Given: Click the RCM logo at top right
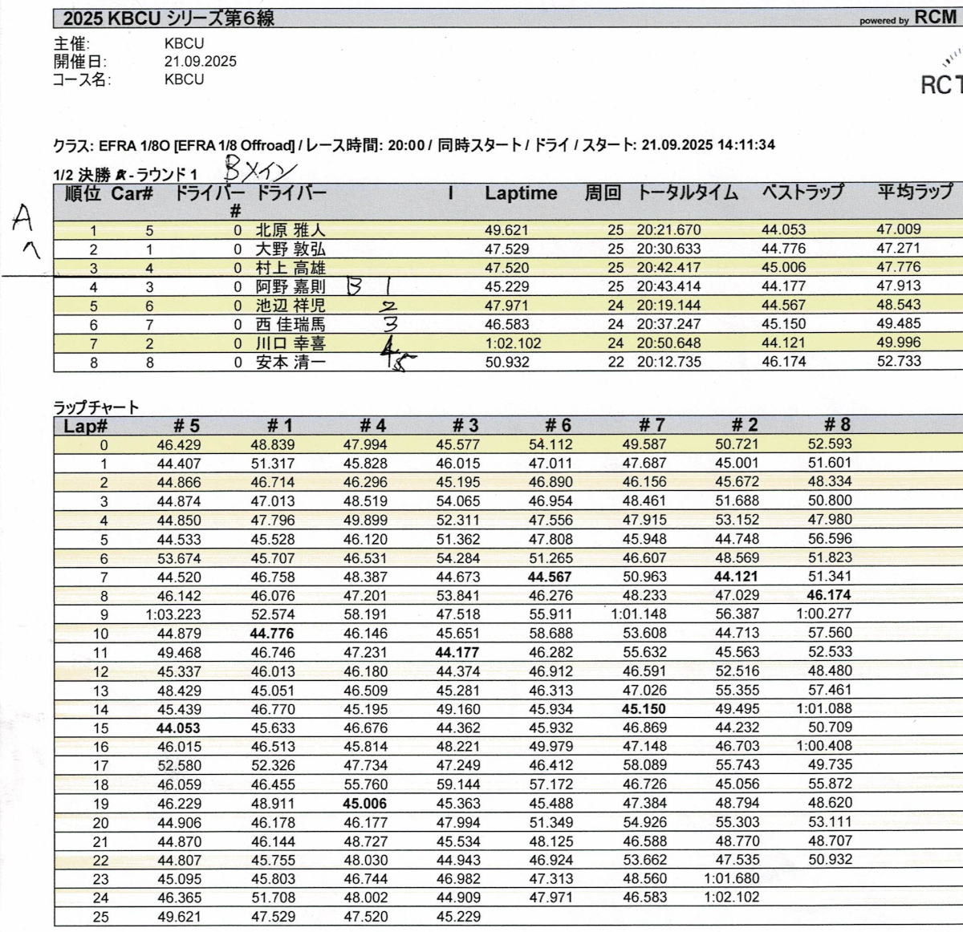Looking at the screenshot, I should tap(935, 18).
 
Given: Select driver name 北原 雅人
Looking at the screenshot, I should tap(290, 230).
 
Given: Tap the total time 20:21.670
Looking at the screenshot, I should tap(668, 230).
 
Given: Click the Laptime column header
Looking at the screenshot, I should tap(520, 193).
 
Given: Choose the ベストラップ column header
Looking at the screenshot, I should tap(802, 193).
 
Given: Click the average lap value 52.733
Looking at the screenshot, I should tap(898, 362).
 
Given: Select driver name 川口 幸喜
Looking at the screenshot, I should tap(290, 343).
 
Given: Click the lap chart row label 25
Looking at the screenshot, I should tap(100, 917).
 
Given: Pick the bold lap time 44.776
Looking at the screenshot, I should tap(272, 634).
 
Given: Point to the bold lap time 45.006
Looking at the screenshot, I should tap(365, 804).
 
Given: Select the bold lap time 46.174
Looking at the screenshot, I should tap(829, 595).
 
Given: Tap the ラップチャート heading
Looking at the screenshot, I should tap(96, 407).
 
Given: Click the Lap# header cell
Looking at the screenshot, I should tap(86, 426).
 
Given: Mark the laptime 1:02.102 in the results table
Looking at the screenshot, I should tap(513, 343).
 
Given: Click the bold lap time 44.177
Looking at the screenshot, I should tap(457, 653).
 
